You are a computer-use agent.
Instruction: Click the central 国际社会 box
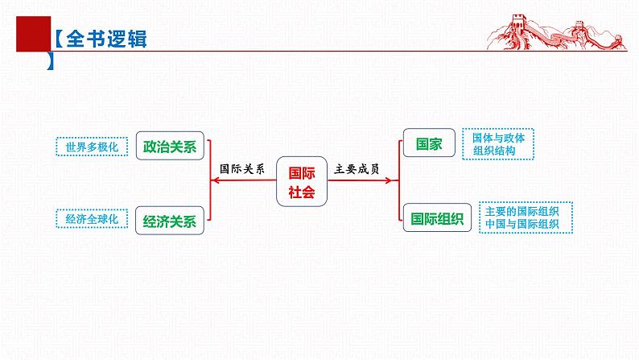pyautogui.click(x=302, y=181)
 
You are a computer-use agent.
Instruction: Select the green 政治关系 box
pyautogui.click(x=170, y=147)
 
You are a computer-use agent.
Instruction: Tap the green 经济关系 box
pyautogui.click(x=170, y=221)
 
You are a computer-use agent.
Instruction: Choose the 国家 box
pyautogui.click(x=429, y=145)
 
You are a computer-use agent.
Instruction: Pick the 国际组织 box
pyautogui.click(x=437, y=217)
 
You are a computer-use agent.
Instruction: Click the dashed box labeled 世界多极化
pyautogui.click(x=92, y=147)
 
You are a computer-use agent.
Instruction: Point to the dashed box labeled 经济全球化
pyautogui.click(x=92, y=217)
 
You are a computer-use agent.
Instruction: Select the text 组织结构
pyautogui.click(x=493, y=151)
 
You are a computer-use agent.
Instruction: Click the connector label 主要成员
pyautogui.click(x=357, y=170)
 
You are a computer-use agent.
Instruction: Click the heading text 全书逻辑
pyautogui.click(x=105, y=39)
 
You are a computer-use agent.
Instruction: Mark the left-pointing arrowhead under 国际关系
pyautogui.click(x=213, y=181)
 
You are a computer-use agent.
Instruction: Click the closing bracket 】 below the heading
pyautogui.click(x=52, y=62)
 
